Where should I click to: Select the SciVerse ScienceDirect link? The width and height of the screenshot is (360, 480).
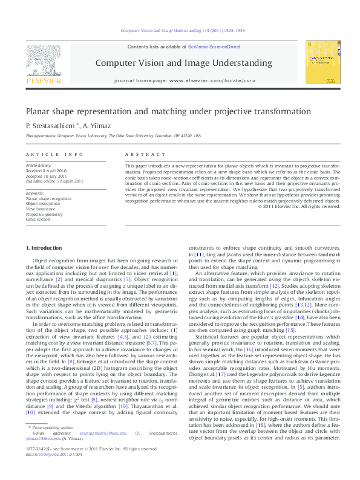(x=214, y=47)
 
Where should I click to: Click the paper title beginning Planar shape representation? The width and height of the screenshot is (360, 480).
(x=159, y=112)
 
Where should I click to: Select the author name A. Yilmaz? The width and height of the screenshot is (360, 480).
(x=97, y=125)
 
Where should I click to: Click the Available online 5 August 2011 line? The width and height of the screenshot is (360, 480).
(x=54, y=181)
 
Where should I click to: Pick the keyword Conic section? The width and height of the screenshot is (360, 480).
(x=39, y=219)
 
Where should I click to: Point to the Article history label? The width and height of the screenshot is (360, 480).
(x=39, y=166)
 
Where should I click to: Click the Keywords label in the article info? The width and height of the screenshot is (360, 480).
(x=35, y=193)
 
